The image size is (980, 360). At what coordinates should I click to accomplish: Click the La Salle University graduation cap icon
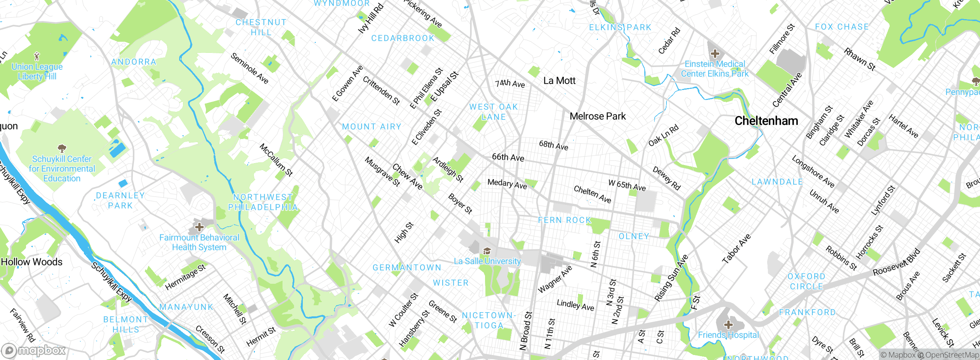(487, 251)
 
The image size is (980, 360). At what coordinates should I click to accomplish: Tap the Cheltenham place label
(766, 121)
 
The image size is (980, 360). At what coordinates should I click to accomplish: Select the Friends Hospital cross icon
(728, 325)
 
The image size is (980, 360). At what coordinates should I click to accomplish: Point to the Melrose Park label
(597, 116)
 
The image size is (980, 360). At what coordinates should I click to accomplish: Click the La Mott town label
(559, 81)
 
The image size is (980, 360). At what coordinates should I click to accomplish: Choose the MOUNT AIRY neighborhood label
(371, 127)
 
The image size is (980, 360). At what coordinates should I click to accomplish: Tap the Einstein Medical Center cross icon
(714, 54)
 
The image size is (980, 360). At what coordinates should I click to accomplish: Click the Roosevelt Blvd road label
(896, 263)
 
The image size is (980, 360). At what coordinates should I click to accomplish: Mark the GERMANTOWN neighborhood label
(407, 268)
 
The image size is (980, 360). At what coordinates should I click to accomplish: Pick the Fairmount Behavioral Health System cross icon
(199, 227)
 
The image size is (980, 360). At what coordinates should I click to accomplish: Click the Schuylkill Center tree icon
(62, 148)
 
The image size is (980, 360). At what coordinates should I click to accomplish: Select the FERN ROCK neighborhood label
(564, 220)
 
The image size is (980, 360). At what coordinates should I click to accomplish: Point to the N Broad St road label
(526, 331)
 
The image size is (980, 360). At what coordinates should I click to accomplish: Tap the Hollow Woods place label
(31, 262)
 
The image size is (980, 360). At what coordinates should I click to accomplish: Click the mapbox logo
(34, 350)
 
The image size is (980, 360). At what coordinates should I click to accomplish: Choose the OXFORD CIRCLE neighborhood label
(806, 281)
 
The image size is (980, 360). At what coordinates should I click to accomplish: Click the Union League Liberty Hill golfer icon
(37, 57)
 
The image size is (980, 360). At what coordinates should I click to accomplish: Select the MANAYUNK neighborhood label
(186, 307)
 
